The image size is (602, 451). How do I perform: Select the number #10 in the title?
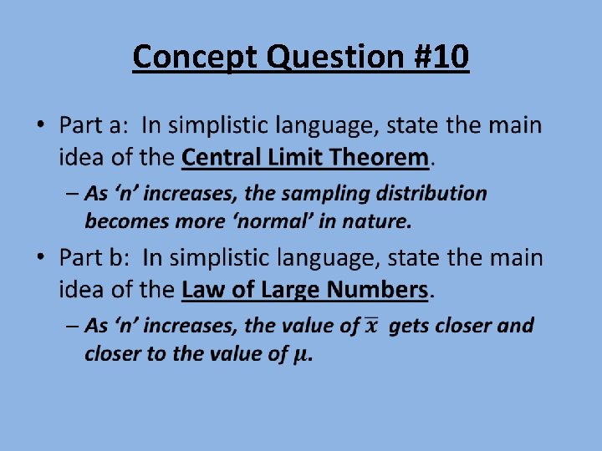[x=437, y=58]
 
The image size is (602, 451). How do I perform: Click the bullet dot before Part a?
[x=41, y=126]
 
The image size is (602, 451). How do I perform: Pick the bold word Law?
[x=202, y=290]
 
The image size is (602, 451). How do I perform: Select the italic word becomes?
[x=122, y=221]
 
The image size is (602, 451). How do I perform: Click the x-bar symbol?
[x=372, y=326]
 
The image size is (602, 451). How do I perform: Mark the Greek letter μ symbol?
[x=302, y=354]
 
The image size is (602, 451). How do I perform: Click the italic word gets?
[x=408, y=326]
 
